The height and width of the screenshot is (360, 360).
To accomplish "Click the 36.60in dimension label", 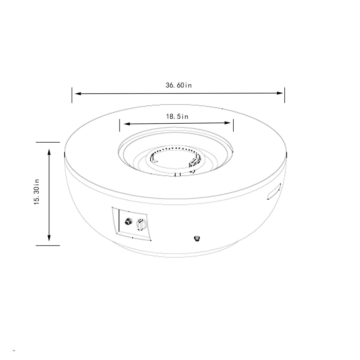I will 179,85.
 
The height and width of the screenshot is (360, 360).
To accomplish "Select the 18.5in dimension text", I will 177,117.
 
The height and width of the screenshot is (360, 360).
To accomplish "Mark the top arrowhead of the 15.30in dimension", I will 49,152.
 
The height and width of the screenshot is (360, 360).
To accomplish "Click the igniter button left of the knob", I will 128,221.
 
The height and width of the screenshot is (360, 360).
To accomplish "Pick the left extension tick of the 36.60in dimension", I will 72,95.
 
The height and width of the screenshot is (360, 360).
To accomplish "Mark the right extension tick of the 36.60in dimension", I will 285,95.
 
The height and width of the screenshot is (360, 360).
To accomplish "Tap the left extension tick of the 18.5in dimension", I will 120,125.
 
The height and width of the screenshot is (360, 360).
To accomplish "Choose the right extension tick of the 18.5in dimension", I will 233,125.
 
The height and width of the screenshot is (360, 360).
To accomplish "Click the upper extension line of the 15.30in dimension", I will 48,142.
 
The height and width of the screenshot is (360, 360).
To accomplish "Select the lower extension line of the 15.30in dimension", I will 48,245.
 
